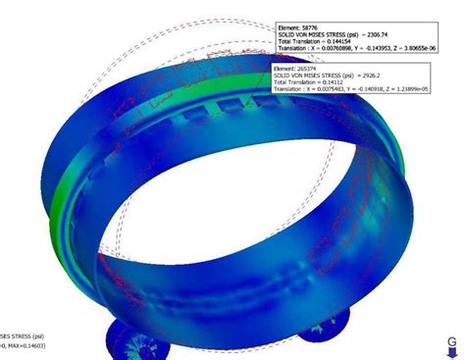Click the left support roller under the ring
point(133,336)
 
